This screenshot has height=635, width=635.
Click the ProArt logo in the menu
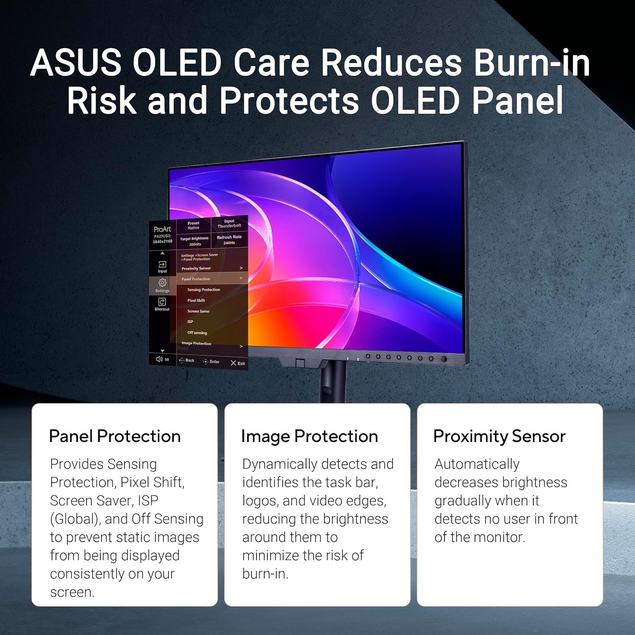162,229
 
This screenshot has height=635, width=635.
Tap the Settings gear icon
162,282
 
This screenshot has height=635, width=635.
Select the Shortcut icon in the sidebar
162,301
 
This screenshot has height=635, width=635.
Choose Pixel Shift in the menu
196,301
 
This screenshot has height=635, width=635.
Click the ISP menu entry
190,322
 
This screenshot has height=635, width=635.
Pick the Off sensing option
197,333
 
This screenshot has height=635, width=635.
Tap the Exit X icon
233,363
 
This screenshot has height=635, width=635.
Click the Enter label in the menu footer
215,362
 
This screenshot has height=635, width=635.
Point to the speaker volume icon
159,359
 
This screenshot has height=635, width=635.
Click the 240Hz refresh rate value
229,243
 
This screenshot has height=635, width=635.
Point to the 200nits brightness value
195,244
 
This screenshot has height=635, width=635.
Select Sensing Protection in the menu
204,290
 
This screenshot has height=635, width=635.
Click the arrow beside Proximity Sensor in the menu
241,268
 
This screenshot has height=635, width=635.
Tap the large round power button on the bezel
444,359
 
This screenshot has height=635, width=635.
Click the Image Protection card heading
309,436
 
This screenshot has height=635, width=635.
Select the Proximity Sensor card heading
500,436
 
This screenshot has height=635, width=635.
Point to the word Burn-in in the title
532,63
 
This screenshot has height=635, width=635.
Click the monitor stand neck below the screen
334,381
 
